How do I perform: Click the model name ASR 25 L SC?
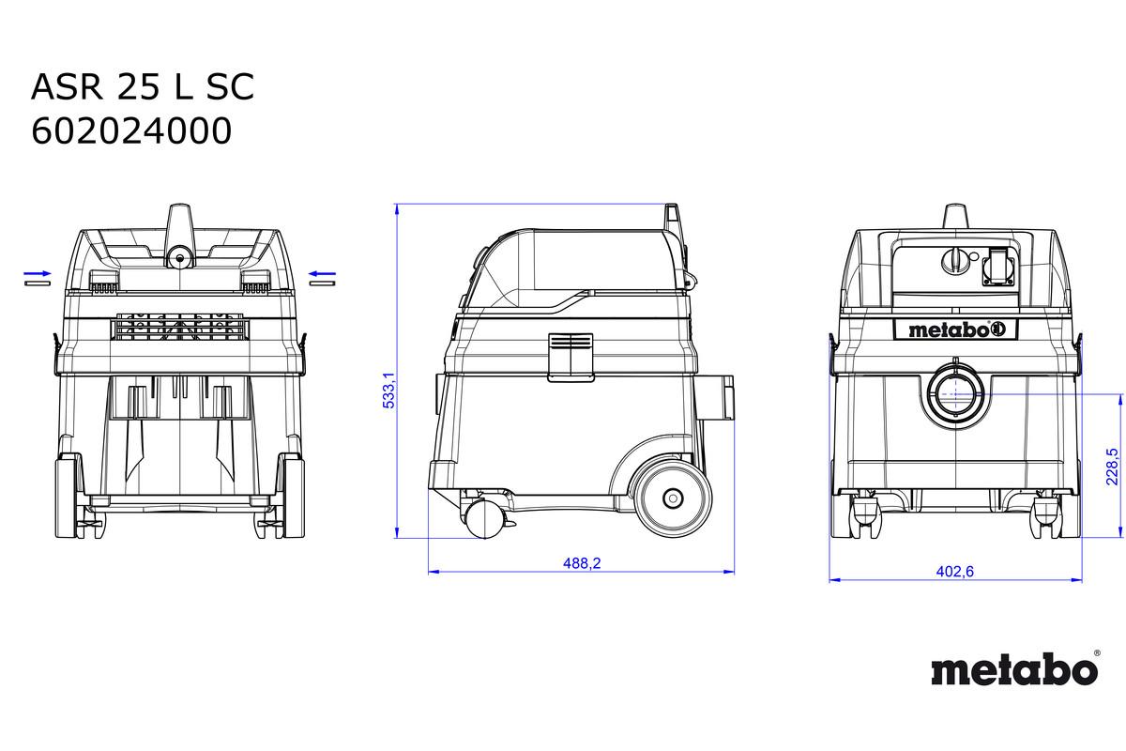click(143, 86)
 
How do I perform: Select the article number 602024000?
click(131, 130)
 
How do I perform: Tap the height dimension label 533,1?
click(389, 390)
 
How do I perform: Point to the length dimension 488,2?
click(582, 563)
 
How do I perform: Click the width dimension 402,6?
click(954, 571)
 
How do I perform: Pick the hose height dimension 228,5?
click(1112, 467)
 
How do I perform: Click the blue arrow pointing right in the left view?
click(38, 273)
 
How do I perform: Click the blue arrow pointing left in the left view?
click(322, 273)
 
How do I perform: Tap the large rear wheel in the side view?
click(673, 498)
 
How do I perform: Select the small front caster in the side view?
click(484, 519)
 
